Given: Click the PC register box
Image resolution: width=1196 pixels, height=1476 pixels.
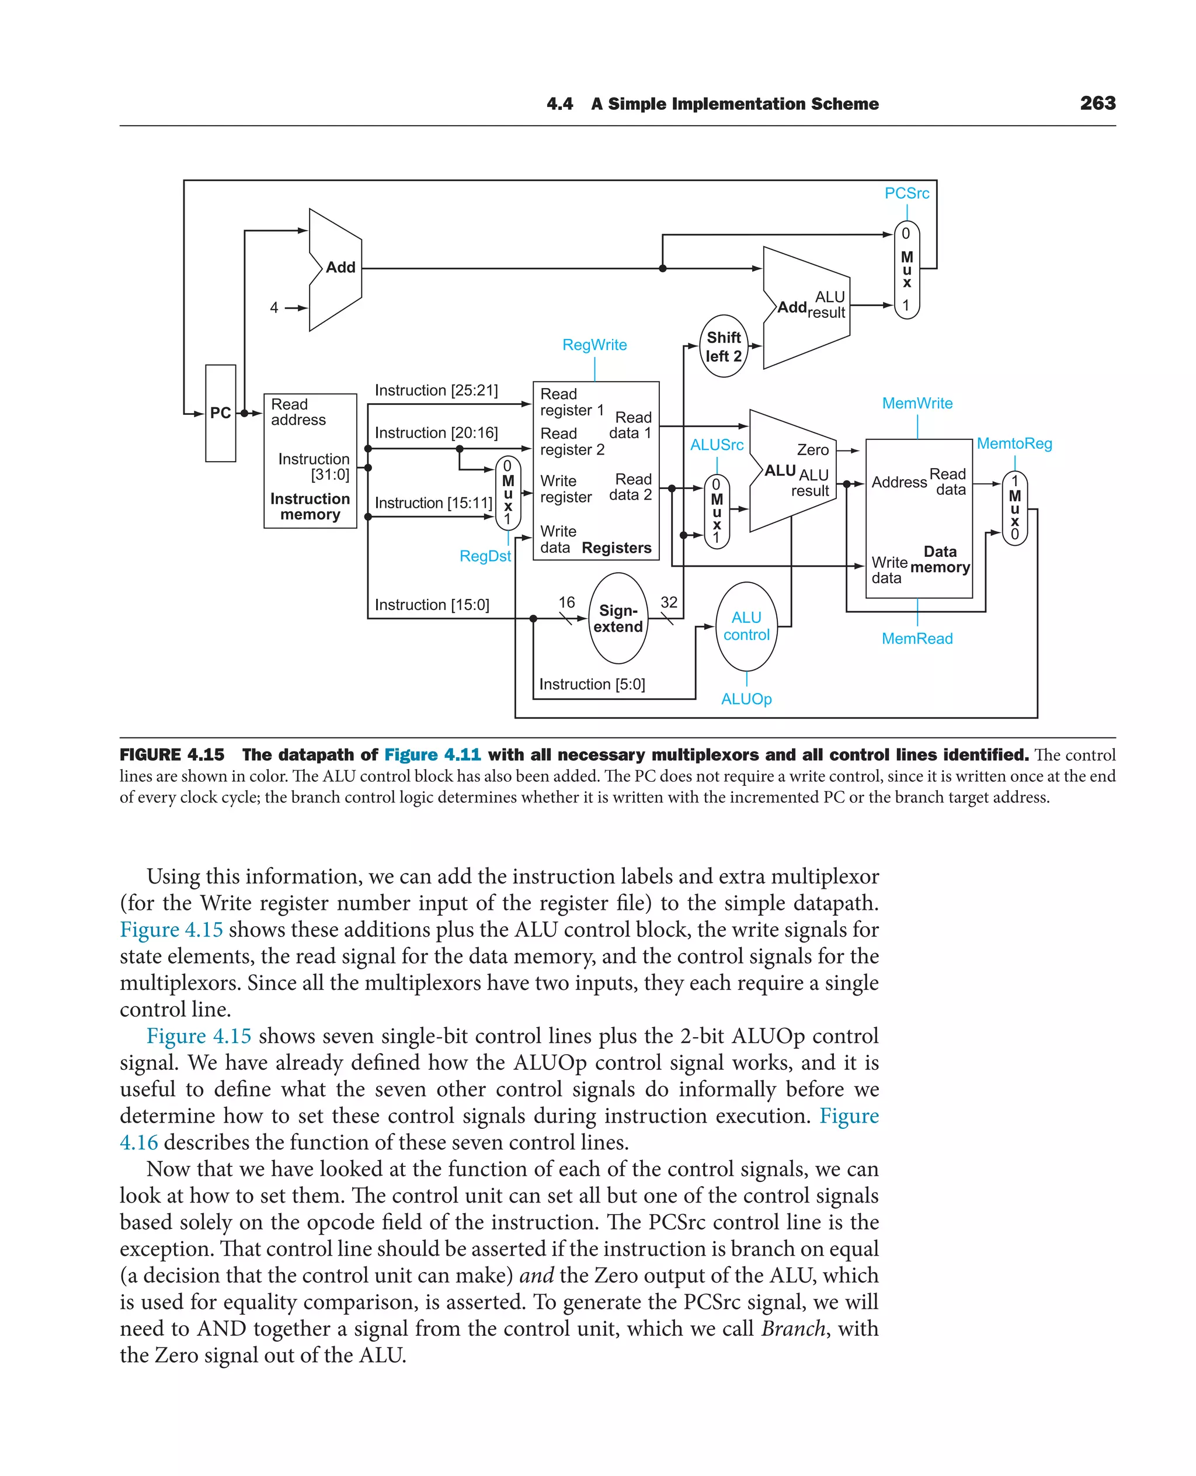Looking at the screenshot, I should coord(221,413).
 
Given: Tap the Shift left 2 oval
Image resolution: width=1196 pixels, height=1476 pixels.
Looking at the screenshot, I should coord(724,346).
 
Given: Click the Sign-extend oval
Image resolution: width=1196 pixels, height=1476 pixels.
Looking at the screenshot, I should coord(618,618).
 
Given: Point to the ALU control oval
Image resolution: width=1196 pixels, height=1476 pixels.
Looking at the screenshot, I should coord(746,626).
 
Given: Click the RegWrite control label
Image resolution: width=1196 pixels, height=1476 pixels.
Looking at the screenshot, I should coord(594,345).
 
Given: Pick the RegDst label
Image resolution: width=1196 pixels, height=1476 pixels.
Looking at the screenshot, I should coord(485,556).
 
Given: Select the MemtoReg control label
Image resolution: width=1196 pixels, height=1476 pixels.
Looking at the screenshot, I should coord(1014,444).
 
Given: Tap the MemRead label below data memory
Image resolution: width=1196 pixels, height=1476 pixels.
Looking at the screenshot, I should coord(917,639).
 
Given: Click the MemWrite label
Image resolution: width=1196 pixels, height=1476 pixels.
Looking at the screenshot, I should coord(917,403).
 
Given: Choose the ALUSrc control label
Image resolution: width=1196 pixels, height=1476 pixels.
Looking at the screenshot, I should coord(717,445).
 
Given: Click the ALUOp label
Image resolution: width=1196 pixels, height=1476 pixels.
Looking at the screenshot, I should coord(746,699).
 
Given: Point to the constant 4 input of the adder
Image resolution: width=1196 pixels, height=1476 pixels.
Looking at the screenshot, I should coord(274,307).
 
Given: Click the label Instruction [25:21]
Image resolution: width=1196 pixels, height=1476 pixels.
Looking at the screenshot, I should coord(436,390).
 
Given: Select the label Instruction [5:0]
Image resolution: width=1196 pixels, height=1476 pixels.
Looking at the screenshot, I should coord(592,684).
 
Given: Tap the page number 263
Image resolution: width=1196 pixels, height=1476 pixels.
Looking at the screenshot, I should coord(1097,103).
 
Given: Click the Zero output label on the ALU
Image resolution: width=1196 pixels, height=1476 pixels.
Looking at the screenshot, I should coord(812,449).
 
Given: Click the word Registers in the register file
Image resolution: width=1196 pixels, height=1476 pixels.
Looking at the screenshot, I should coord(617,548).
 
